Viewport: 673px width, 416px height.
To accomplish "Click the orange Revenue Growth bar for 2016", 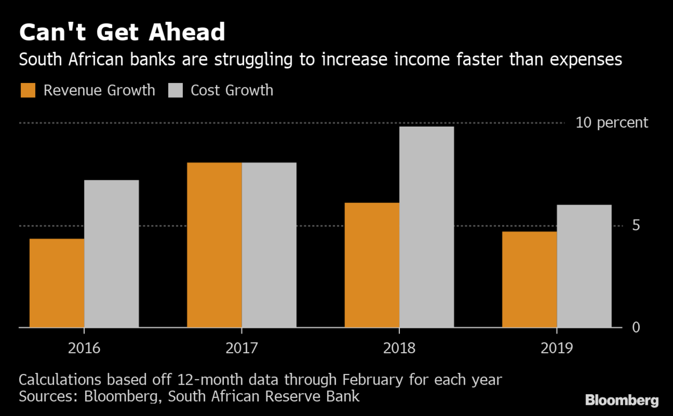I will [57, 283].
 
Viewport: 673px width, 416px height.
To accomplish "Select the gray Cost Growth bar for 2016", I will [112, 253].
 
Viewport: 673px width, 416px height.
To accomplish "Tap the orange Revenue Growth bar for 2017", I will [214, 245].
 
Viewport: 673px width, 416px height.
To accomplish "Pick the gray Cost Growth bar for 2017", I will [269, 245].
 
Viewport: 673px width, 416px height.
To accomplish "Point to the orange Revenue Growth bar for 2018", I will [372, 265].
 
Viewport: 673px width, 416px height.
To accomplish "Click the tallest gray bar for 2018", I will [427, 227].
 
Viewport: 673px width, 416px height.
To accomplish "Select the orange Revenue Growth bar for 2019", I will [529, 279].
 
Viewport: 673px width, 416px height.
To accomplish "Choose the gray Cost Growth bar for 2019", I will [584, 266].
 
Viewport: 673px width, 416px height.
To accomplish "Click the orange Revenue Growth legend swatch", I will [27, 90].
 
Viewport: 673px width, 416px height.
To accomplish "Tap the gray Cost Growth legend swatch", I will [176, 90].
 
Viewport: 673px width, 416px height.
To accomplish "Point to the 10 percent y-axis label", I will [611, 123].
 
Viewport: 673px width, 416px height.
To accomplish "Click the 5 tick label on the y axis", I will [636, 225].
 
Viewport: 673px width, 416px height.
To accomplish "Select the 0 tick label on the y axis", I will [636, 327].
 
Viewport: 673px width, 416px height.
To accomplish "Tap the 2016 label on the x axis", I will [84, 348].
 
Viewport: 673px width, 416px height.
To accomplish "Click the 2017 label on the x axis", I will [242, 348].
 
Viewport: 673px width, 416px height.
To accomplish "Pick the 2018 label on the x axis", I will [399, 348].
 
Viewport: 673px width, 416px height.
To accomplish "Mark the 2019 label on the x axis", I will [557, 348].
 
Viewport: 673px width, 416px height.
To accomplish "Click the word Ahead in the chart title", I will [186, 33].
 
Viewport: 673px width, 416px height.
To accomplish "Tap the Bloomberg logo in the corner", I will [622, 400].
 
